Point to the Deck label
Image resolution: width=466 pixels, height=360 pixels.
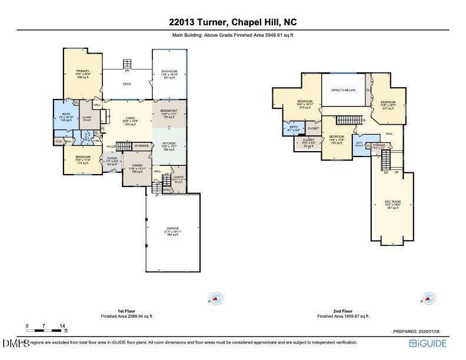coord(127,84)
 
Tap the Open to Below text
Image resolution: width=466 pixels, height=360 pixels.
coord(343,90)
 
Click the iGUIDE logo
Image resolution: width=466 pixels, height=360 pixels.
coord(428,344)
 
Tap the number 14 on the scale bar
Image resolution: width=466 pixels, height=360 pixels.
coord(62,325)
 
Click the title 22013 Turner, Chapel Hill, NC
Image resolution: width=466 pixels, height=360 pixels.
coord(233,23)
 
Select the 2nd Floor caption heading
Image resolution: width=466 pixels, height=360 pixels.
coord(342,311)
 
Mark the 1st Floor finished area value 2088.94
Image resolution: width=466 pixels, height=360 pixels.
coord(136,316)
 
